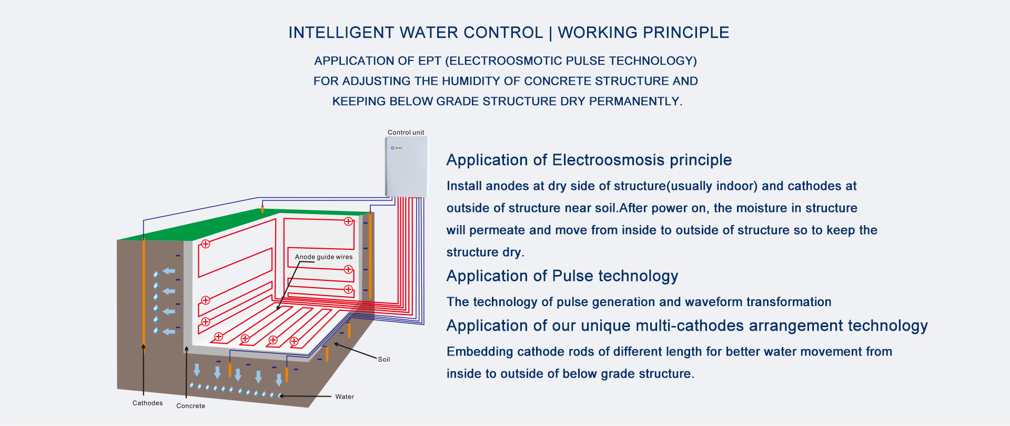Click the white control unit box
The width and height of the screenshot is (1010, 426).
tap(407, 167)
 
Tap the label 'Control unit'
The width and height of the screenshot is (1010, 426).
tap(406, 133)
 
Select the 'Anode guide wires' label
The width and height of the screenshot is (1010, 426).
tap(324, 257)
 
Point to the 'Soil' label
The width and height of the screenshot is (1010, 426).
tap(384, 359)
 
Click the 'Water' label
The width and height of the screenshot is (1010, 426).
tap(345, 397)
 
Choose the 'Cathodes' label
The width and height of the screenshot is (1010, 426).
tap(147, 403)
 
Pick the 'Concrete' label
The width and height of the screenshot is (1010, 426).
tap(190, 405)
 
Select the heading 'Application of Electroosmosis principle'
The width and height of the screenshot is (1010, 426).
tap(589, 160)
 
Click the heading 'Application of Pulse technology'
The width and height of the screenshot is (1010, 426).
tap(562, 276)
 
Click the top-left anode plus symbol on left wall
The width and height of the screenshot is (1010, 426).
tap(206, 244)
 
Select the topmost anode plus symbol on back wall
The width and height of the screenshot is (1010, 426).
tap(348, 221)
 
